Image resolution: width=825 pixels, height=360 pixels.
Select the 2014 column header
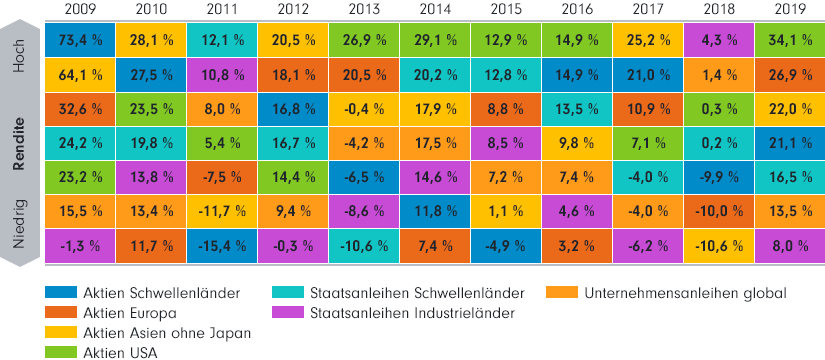(433, 9)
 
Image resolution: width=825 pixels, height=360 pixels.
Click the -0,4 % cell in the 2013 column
(362, 109)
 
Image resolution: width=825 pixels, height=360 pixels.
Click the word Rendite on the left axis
(18, 144)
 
